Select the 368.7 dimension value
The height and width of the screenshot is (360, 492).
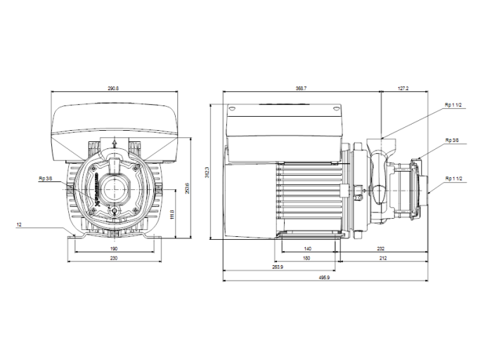tap(302, 89)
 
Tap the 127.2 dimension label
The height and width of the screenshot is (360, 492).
tap(403, 89)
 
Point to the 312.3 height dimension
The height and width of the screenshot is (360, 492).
tap(207, 172)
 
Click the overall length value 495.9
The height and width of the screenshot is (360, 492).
tap(324, 278)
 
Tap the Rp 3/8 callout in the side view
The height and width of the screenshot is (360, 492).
tap(452, 141)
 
